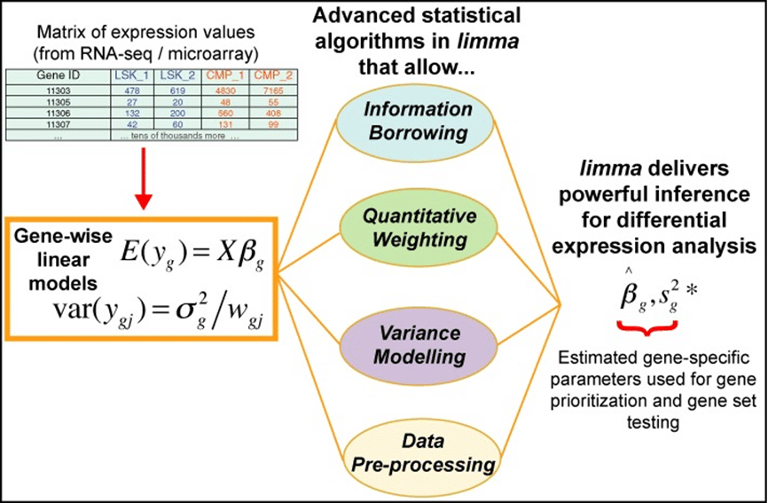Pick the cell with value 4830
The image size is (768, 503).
coord(226,90)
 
